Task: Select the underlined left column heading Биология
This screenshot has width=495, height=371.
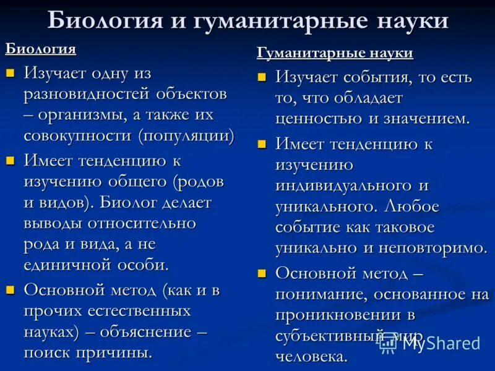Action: coord(41,49)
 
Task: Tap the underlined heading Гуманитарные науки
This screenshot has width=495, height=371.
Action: coord(335,53)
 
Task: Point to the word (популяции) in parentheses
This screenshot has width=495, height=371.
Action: coord(186,135)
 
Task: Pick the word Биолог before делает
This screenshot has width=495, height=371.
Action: coord(129,202)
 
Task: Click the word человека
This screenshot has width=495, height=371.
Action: coord(311,356)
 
